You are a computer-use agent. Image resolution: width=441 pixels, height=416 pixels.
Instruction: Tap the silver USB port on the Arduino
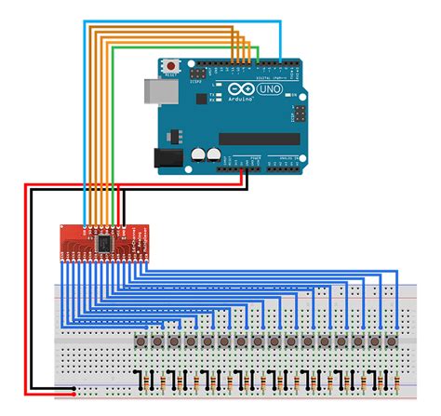click(x=154, y=90)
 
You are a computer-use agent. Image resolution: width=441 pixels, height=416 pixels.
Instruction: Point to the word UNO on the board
click(x=276, y=92)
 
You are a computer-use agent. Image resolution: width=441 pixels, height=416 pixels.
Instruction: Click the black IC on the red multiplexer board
click(x=105, y=240)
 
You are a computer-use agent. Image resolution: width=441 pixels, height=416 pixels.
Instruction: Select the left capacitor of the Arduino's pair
click(x=197, y=154)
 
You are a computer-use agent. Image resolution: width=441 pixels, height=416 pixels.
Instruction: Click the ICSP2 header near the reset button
click(x=198, y=72)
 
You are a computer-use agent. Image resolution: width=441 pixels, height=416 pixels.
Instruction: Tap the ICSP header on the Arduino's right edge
click(x=297, y=114)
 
